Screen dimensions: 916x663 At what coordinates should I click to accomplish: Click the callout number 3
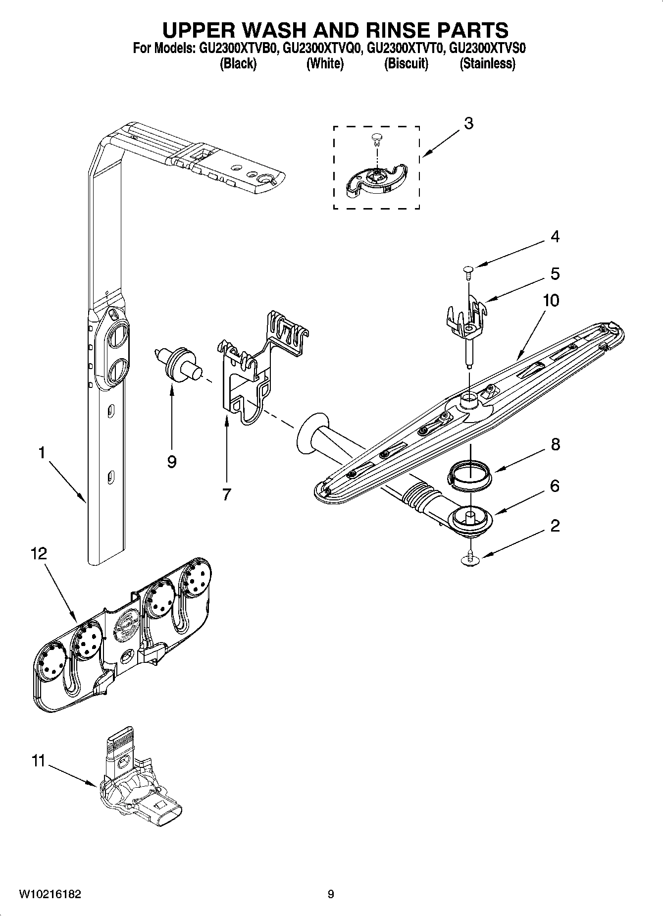click(x=468, y=123)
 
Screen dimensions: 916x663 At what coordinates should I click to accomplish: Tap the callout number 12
click(x=39, y=553)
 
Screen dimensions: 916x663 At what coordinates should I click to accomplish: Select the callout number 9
click(x=172, y=462)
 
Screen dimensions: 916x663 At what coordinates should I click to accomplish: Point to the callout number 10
click(x=551, y=300)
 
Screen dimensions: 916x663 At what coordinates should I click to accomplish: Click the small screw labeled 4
click(x=468, y=270)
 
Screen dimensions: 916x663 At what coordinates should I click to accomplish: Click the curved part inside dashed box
click(x=376, y=181)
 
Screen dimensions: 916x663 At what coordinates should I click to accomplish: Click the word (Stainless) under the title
click(x=487, y=63)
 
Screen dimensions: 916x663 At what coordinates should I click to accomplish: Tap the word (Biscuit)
click(x=406, y=63)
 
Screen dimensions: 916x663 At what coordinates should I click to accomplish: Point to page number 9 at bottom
click(x=331, y=894)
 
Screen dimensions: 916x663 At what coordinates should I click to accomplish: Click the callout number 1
click(x=42, y=453)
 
